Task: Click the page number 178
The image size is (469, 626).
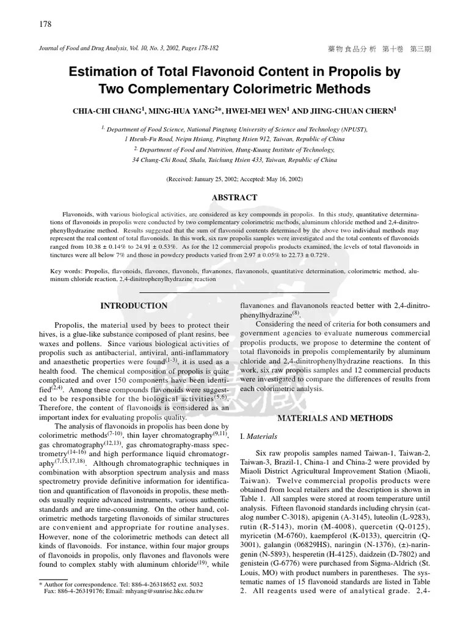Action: [x=45, y=24]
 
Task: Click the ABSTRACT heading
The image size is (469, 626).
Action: [x=234, y=198]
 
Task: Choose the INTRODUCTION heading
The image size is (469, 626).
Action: [x=134, y=306]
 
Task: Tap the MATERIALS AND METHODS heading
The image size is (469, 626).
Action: [x=335, y=418]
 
